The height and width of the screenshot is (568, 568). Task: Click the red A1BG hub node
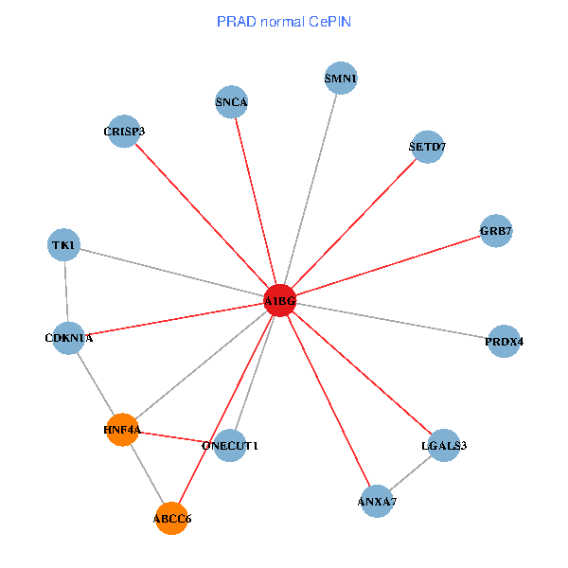coord(280,301)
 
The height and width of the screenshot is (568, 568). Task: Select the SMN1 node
coord(341,78)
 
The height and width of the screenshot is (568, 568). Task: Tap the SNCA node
coord(232,102)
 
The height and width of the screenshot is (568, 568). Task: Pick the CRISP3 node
coord(125,132)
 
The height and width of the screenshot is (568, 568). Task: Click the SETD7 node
coord(428,147)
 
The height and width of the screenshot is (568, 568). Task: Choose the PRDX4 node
coord(504,341)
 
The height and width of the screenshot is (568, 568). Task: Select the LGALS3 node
coord(444,445)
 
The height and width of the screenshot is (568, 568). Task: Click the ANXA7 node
coord(377,500)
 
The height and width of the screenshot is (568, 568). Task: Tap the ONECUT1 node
coord(230,445)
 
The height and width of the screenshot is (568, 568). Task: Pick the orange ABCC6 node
coord(172,518)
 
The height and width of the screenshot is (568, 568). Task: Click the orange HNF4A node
coord(122,430)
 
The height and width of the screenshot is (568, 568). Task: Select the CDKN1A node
coord(68,337)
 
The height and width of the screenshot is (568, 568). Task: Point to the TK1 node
coord(64,246)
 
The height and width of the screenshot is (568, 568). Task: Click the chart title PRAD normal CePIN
coord(284,21)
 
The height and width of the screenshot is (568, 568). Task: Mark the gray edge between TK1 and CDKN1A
coord(66,292)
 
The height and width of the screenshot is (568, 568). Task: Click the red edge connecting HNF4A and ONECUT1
coord(176,437)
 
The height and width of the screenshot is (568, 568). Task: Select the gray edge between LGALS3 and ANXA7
coord(410,472)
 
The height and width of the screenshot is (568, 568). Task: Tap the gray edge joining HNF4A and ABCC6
coord(147,473)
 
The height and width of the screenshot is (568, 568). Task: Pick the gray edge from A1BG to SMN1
coord(311,189)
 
